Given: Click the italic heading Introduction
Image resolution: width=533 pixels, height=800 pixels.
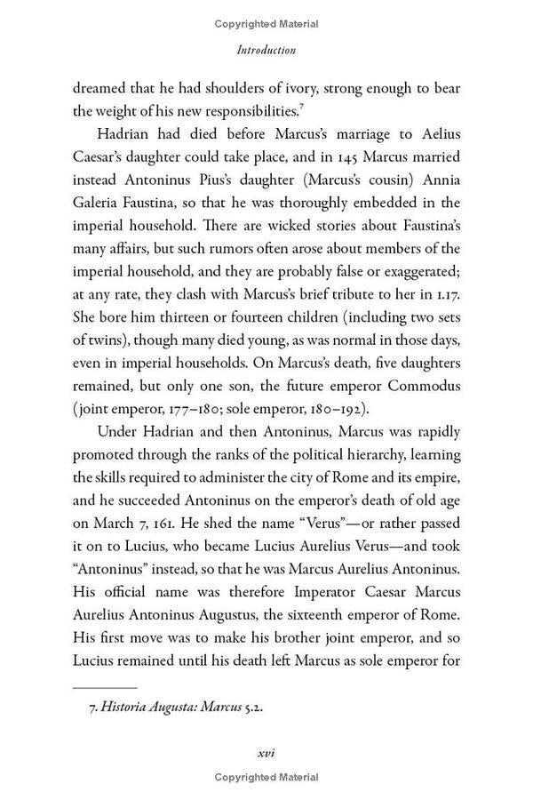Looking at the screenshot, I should click(x=266, y=51).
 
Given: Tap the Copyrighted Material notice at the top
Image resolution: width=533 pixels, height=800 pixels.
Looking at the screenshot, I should click(x=266, y=24).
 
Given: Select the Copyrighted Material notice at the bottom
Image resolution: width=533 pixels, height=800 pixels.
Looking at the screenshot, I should click(x=266, y=778).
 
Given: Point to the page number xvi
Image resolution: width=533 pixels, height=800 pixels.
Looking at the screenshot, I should click(x=266, y=752).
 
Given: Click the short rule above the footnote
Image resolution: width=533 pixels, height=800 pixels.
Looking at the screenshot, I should click(x=104, y=687).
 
